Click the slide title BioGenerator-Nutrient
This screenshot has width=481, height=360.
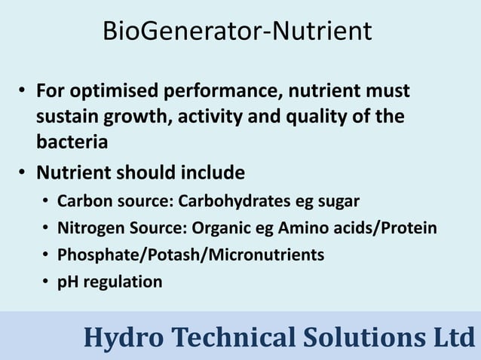click(237, 32)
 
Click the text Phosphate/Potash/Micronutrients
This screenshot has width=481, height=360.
click(191, 255)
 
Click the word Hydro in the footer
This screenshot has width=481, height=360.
click(119, 337)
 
